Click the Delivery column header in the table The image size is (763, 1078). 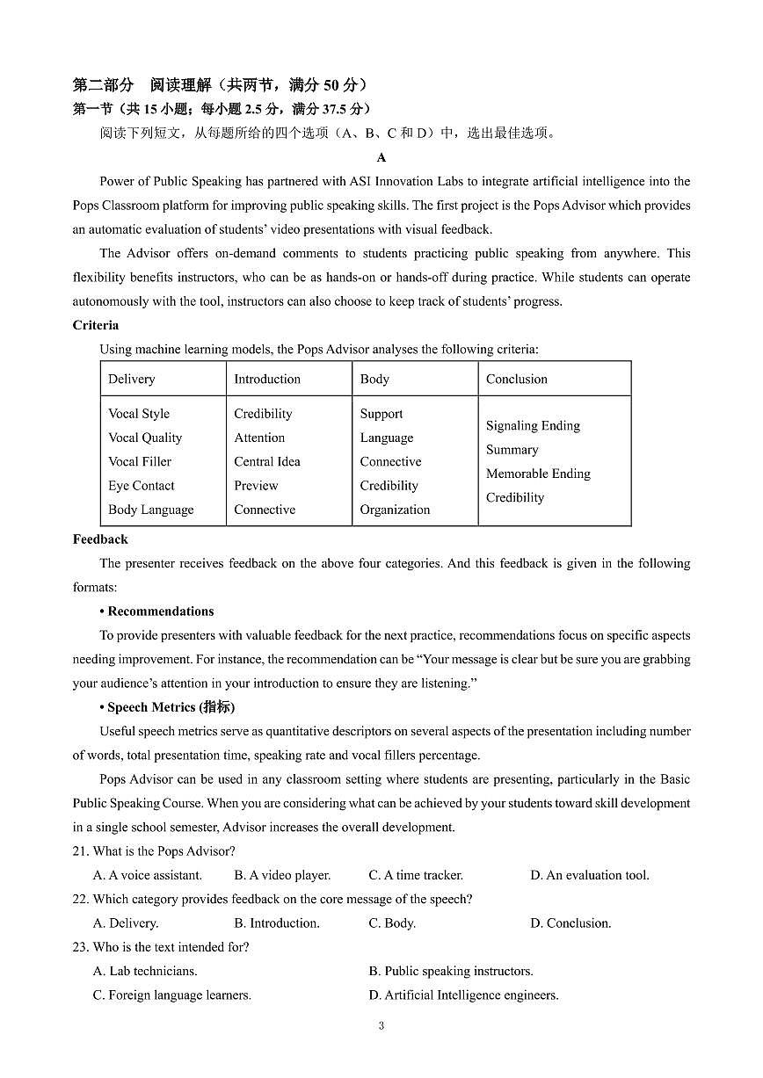pos(131,379)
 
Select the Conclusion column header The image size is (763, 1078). pos(516,379)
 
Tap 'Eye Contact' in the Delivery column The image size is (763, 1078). pos(141,485)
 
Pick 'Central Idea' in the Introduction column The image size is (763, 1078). pos(266,461)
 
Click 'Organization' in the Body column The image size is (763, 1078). pos(395,509)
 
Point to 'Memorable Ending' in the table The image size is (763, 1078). pos(538,473)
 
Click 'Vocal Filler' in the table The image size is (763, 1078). pos(139,461)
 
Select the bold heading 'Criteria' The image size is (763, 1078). pos(95,325)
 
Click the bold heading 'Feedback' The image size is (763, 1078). pos(100,539)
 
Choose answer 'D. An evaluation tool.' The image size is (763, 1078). pos(589,875)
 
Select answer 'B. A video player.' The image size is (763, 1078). pos(282,875)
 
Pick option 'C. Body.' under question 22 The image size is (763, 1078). pos(392,922)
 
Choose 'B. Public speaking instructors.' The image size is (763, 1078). pos(450,971)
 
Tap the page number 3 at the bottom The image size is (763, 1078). pos(381,1025)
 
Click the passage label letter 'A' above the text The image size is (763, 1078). pos(381,158)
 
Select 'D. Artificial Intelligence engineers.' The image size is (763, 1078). pos(463,995)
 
